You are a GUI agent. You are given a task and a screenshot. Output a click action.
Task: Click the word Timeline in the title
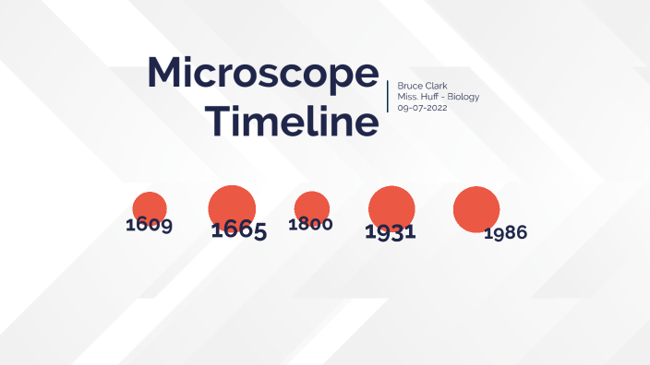pos(292,121)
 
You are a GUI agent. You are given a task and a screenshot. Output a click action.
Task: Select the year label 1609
pos(149,225)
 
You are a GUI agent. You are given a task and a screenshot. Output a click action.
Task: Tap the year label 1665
pos(238,230)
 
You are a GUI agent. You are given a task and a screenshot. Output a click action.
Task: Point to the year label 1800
pos(310,224)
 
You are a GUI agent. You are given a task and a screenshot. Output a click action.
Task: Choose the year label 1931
pos(390,232)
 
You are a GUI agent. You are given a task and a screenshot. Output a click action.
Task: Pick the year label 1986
pos(505,233)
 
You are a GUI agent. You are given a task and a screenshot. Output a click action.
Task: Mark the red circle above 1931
pos(391,205)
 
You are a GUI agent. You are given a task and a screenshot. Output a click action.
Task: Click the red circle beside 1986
pos(475,208)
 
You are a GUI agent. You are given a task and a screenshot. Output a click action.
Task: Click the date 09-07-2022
pos(422,108)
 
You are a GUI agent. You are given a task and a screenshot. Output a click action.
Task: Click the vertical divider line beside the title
pos(388,96)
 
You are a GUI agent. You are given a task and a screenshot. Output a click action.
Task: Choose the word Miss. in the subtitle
pos(406,97)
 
